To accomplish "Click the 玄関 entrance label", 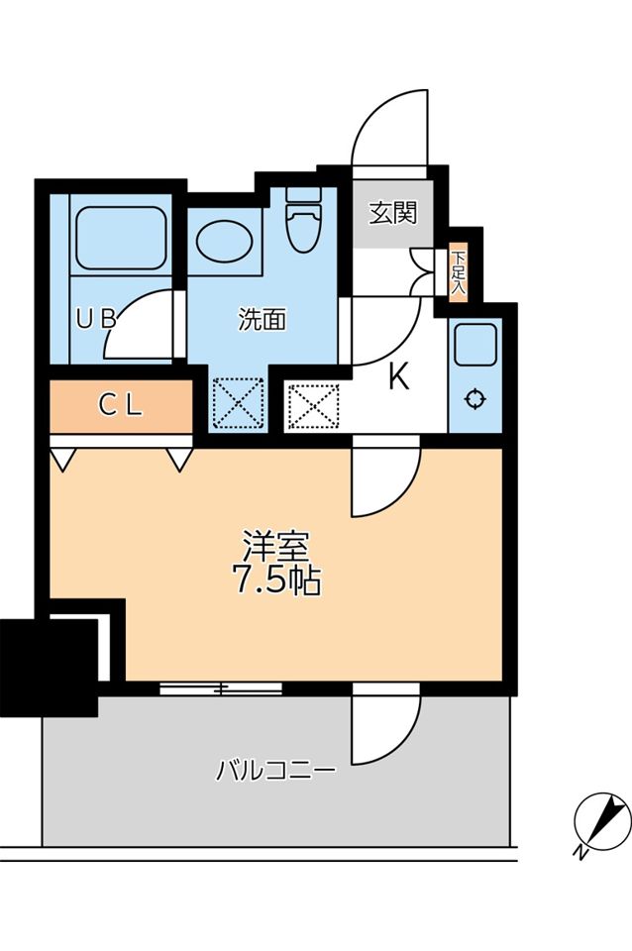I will point(393,212).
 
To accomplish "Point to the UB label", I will point(97,319).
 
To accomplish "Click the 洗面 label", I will point(263,319).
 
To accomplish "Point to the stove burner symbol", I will point(474,399).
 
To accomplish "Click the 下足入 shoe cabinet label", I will point(458,272).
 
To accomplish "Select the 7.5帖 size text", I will point(276,581).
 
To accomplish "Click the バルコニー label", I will point(276,770).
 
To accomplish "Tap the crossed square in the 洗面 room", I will point(237,404).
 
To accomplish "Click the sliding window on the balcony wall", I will point(220,687).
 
